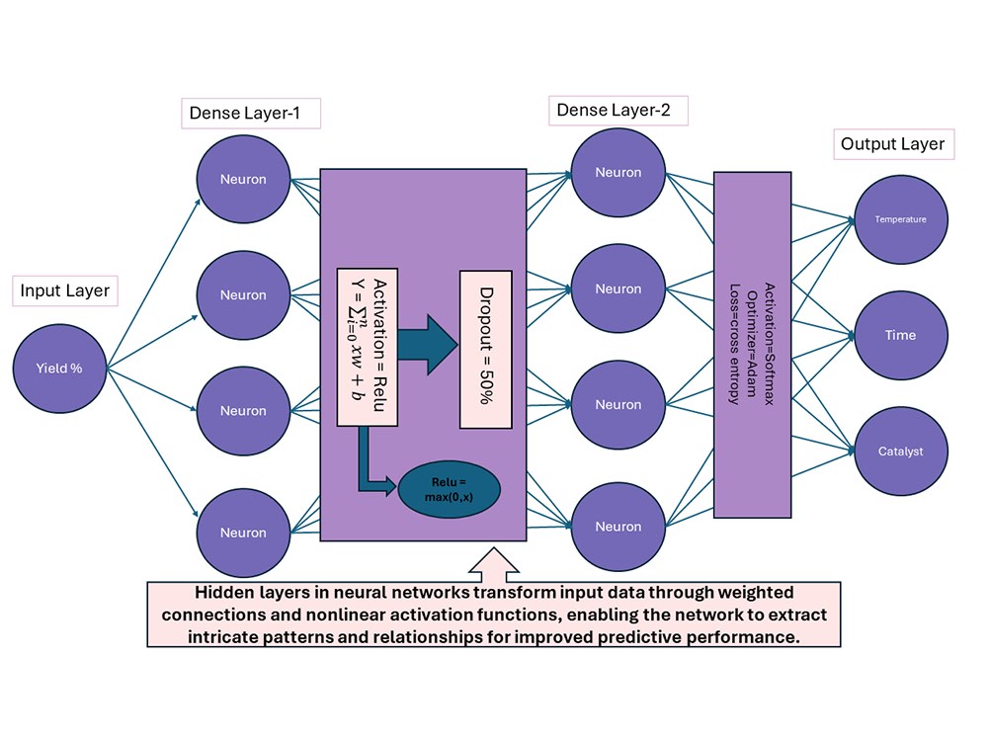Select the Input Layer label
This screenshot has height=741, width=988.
tap(65, 291)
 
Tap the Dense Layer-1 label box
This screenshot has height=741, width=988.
tap(252, 115)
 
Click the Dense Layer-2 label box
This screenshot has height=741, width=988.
tap(614, 110)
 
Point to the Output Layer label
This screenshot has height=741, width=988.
tap(892, 144)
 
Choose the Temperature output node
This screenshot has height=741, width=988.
tap(900, 219)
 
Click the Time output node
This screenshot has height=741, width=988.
tap(900, 336)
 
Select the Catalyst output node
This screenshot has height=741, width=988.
tap(900, 452)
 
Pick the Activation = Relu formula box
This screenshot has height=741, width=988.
tap(367, 347)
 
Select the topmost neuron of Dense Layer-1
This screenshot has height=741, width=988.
tap(243, 179)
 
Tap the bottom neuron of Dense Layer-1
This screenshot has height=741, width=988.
tap(243, 533)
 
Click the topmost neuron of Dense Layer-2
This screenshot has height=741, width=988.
tap(618, 173)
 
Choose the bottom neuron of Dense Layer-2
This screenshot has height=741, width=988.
tap(618, 527)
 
